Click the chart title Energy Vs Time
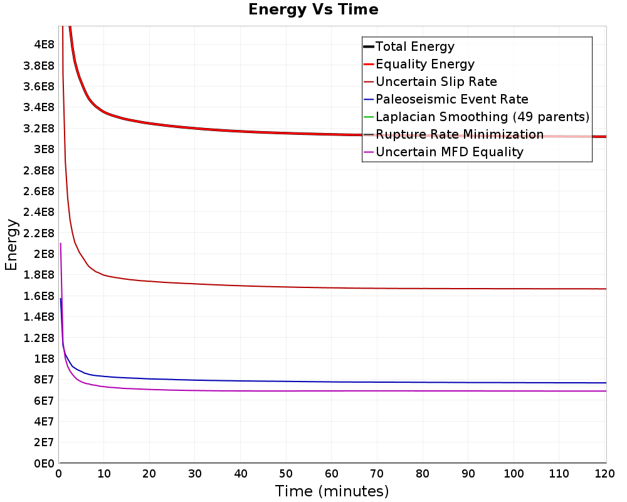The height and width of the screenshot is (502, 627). pyautogui.click(x=313, y=9)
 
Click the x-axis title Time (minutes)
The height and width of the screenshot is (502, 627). pyautogui.click(x=332, y=491)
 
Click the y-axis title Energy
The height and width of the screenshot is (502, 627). pyautogui.click(x=11, y=245)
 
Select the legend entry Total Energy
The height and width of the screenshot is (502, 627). pyautogui.click(x=414, y=46)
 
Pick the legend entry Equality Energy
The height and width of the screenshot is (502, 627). pyautogui.click(x=424, y=64)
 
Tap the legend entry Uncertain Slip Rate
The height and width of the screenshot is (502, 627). pyautogui.click(x=436, y=82)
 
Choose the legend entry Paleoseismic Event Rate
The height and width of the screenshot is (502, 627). pyautogui.click(x=451, y=99)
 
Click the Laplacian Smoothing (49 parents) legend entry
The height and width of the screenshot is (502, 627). pyautogui.click(x=482, y=117)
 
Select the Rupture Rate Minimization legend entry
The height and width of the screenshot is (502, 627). pyautogui.click(x=459, y=134)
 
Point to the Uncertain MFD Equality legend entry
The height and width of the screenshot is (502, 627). pyautogui.click(x=449, y=152)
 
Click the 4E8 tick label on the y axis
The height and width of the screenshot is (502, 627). pyautogui.click(x=43, y=44)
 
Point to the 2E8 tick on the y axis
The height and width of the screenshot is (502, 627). pyautogui.click(x=43, y=254)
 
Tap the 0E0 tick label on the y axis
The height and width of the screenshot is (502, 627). pyautogui.click(x=43, y=463)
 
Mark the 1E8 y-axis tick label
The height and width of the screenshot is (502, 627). pyautogui.click(x=43, y=358)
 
